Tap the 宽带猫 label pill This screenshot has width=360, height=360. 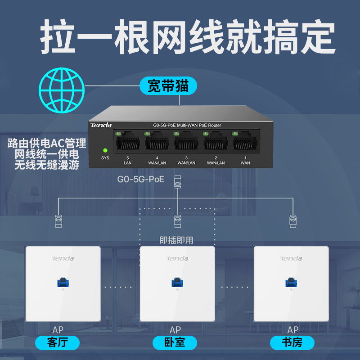168,85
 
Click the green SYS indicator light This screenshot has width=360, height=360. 105,151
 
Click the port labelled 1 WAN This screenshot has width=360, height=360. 245,142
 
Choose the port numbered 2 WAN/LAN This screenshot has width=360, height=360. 216,142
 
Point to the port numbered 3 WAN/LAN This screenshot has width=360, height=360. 186,142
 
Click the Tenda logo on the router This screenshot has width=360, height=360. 101,125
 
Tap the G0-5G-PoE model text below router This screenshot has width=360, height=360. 141,180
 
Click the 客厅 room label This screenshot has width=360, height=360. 57,343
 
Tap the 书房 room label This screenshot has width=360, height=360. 292,343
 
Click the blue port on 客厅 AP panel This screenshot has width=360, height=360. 62,283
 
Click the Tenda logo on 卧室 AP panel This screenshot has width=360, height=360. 177,258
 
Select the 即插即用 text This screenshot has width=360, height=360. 176,240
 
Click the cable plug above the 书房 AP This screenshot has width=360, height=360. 293,220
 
